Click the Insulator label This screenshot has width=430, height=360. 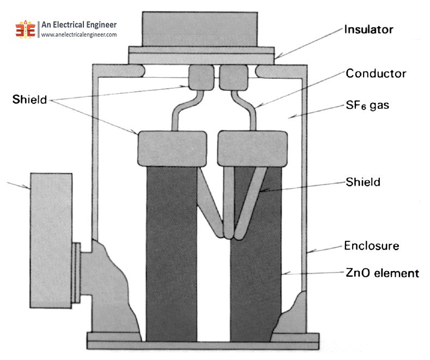(368, 29)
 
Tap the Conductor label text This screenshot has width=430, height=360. (376, 73)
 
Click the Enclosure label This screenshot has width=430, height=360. (372, 246)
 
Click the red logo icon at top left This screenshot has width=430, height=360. (26, 29)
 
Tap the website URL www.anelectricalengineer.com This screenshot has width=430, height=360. (79, 35)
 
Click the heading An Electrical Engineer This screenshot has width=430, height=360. (79, 25)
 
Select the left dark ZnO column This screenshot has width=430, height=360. (171, 251)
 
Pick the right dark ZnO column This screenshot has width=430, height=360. (256, 256)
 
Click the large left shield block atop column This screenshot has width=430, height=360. (172, 148)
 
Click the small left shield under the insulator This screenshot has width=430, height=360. (200, 78)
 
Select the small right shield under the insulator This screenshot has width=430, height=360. (231, 78)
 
